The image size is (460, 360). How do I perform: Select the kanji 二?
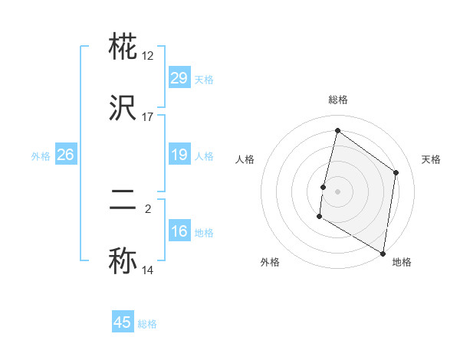click(123, 201)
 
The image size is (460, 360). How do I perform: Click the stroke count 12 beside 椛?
click(148, 55)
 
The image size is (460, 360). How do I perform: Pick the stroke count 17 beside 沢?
click(148, 116)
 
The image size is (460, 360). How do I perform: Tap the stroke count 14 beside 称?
click(148, 270)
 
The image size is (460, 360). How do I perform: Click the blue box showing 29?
click(179, 78)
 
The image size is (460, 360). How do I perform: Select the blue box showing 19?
click(179, 155)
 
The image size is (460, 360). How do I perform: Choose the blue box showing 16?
click(179, 231)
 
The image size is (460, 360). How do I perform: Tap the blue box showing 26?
click(65, 155)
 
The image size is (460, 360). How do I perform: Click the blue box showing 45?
click(122, 322)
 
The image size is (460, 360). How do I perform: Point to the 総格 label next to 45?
click(147, 324)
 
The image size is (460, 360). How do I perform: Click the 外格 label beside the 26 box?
click(41, 156)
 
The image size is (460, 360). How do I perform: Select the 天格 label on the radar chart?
click(431, 159)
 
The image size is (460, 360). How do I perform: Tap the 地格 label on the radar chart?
click(402, 262)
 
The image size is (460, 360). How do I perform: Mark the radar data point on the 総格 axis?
click(337, 131)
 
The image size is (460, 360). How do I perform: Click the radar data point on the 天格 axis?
click(396, 172)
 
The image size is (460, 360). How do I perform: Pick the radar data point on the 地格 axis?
click(383, 253)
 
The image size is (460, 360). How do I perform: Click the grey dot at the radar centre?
click(337, 191)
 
